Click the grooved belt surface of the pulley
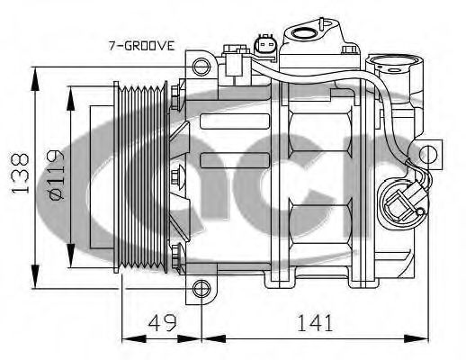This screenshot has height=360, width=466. point(144,175)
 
